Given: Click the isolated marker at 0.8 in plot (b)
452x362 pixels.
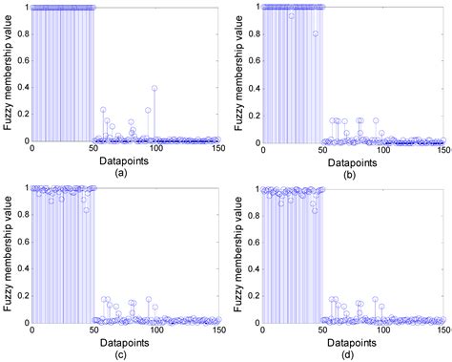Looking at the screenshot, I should pos(315,33).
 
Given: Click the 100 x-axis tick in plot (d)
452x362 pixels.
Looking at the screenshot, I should pos(383,330).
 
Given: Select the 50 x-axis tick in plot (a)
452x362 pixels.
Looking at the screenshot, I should pos(93,150).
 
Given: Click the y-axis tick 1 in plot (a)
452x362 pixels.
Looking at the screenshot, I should pos(26,7).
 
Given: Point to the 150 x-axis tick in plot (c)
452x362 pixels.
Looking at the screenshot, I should pos(216,330).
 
